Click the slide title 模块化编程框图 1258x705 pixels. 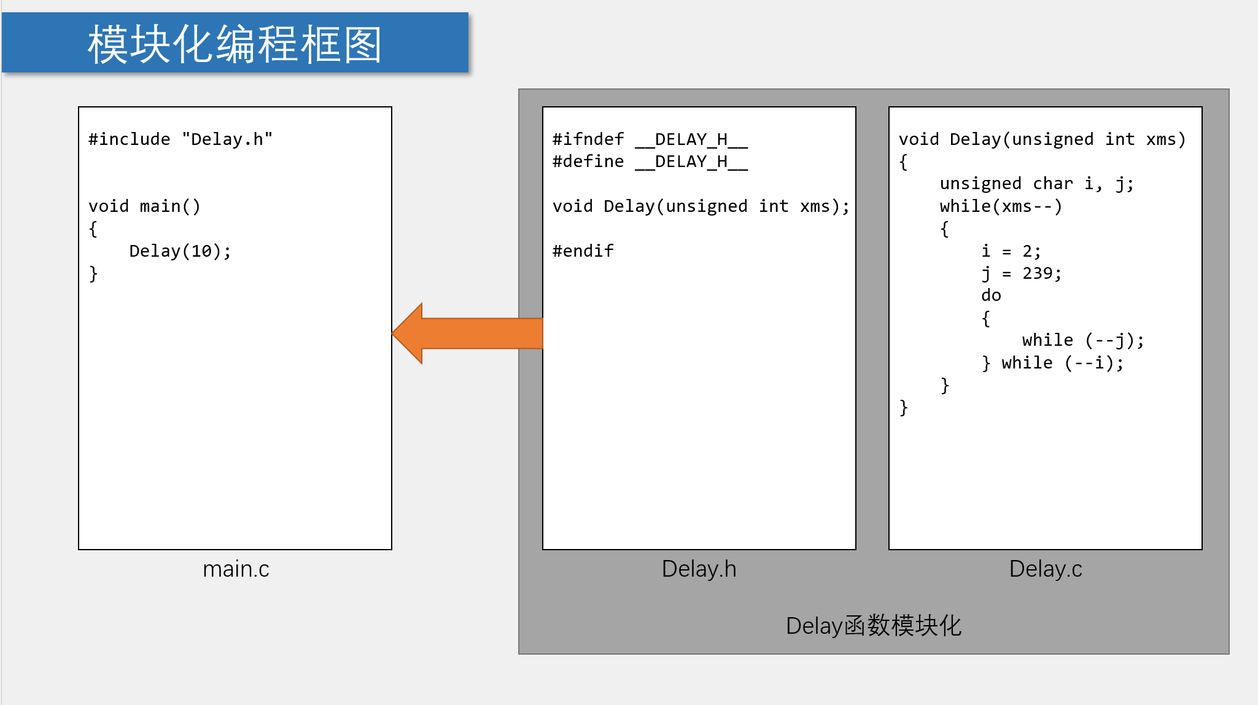click(x=235, y=44)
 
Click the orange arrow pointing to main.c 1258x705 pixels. click(x=468, y=333)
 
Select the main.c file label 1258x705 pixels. click(x=236, y=569)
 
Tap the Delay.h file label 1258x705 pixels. click(x=699, y=569)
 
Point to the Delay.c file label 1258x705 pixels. click(x=1045, y=569)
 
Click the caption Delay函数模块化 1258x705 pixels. click(x=873, y=626)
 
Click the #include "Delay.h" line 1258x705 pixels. click(x=180, y=139)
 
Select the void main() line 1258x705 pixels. click(x=144, y=206)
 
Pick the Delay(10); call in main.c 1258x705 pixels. click(x=180, y=251)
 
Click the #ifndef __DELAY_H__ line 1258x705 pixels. click(x=650, y=139)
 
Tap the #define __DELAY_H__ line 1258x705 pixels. click(x=650, y=162)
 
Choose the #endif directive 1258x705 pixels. click(x=583, y=251)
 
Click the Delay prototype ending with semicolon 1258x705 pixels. click(x=701, y=206)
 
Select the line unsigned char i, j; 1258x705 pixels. click(x=1036, y=184)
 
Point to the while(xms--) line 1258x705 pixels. click(x=1001, y=206)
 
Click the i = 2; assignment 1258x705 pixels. click(x=1011, y=251)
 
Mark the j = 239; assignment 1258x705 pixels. click(x=1021, y=273)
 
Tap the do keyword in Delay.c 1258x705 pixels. click(x=991, y=295)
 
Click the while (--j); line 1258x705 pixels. click(x=1083, y=340)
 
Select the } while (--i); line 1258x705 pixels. click(x=1052, y=363)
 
